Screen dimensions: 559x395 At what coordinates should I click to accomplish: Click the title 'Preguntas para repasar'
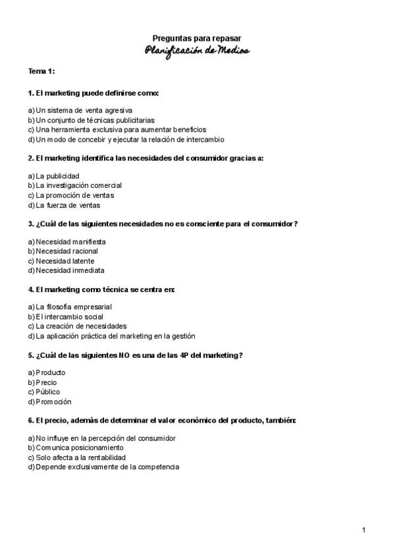(197, 39)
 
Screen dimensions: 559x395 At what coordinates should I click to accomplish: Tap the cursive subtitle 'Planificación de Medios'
(197, 51)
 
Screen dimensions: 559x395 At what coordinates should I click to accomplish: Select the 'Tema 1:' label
(41, 71)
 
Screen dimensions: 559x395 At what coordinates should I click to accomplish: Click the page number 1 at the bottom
(363, 530)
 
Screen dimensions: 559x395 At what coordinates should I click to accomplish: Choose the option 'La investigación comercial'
(78, 185)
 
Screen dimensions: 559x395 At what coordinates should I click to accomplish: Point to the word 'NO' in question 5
(124, 355)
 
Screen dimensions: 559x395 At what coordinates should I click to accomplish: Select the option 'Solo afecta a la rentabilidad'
(80, 457)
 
